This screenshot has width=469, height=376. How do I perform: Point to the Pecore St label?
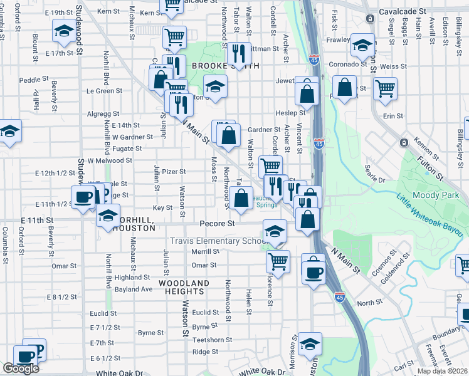tap(217, 223)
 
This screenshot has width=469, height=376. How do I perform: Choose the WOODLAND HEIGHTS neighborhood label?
tap(184, 283)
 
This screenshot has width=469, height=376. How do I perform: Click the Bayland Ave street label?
tap(134, 290)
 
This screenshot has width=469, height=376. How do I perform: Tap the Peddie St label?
tap(34, 80)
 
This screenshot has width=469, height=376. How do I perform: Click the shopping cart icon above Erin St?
tap(385, 87)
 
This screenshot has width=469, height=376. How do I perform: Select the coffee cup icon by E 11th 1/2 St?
tap(83, 197)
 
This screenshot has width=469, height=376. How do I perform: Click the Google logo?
tap(21, 368)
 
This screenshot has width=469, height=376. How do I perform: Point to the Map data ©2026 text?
tap(443, 371)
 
